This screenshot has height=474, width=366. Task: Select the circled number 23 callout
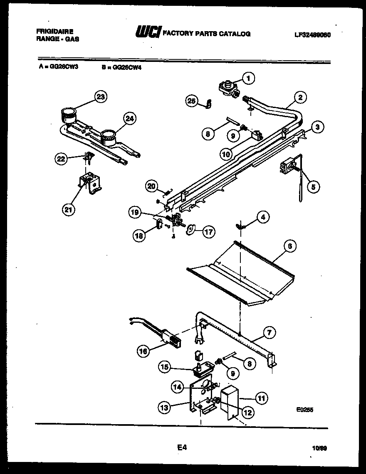pos(99,97)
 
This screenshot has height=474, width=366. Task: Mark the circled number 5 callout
pos(314,187)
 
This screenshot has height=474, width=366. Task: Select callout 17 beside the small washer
pos(208,231)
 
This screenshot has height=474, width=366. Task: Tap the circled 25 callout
pos(191,101)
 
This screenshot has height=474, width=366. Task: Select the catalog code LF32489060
pos(312,35)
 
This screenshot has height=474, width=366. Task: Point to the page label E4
pos(182,447)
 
